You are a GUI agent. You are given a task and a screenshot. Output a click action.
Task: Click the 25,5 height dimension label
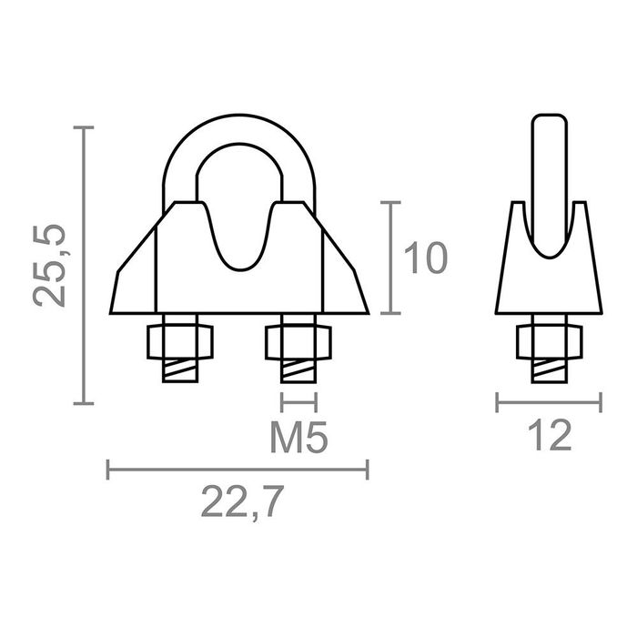(x=52, y=266)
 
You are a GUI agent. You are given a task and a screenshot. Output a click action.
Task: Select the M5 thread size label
(x=298, y=440)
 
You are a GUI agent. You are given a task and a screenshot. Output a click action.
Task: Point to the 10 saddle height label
(x=425, y=258)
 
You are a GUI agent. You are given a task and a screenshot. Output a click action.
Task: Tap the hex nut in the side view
(x=549, y=341)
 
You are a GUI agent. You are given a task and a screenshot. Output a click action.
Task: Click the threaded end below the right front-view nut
(x=298, y=371)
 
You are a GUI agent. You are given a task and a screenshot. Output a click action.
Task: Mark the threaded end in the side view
(x=549, y=370)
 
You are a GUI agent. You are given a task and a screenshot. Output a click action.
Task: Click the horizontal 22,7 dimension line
(x=238, y=470)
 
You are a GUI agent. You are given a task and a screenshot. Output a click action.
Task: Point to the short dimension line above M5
(x=298, y=400)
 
